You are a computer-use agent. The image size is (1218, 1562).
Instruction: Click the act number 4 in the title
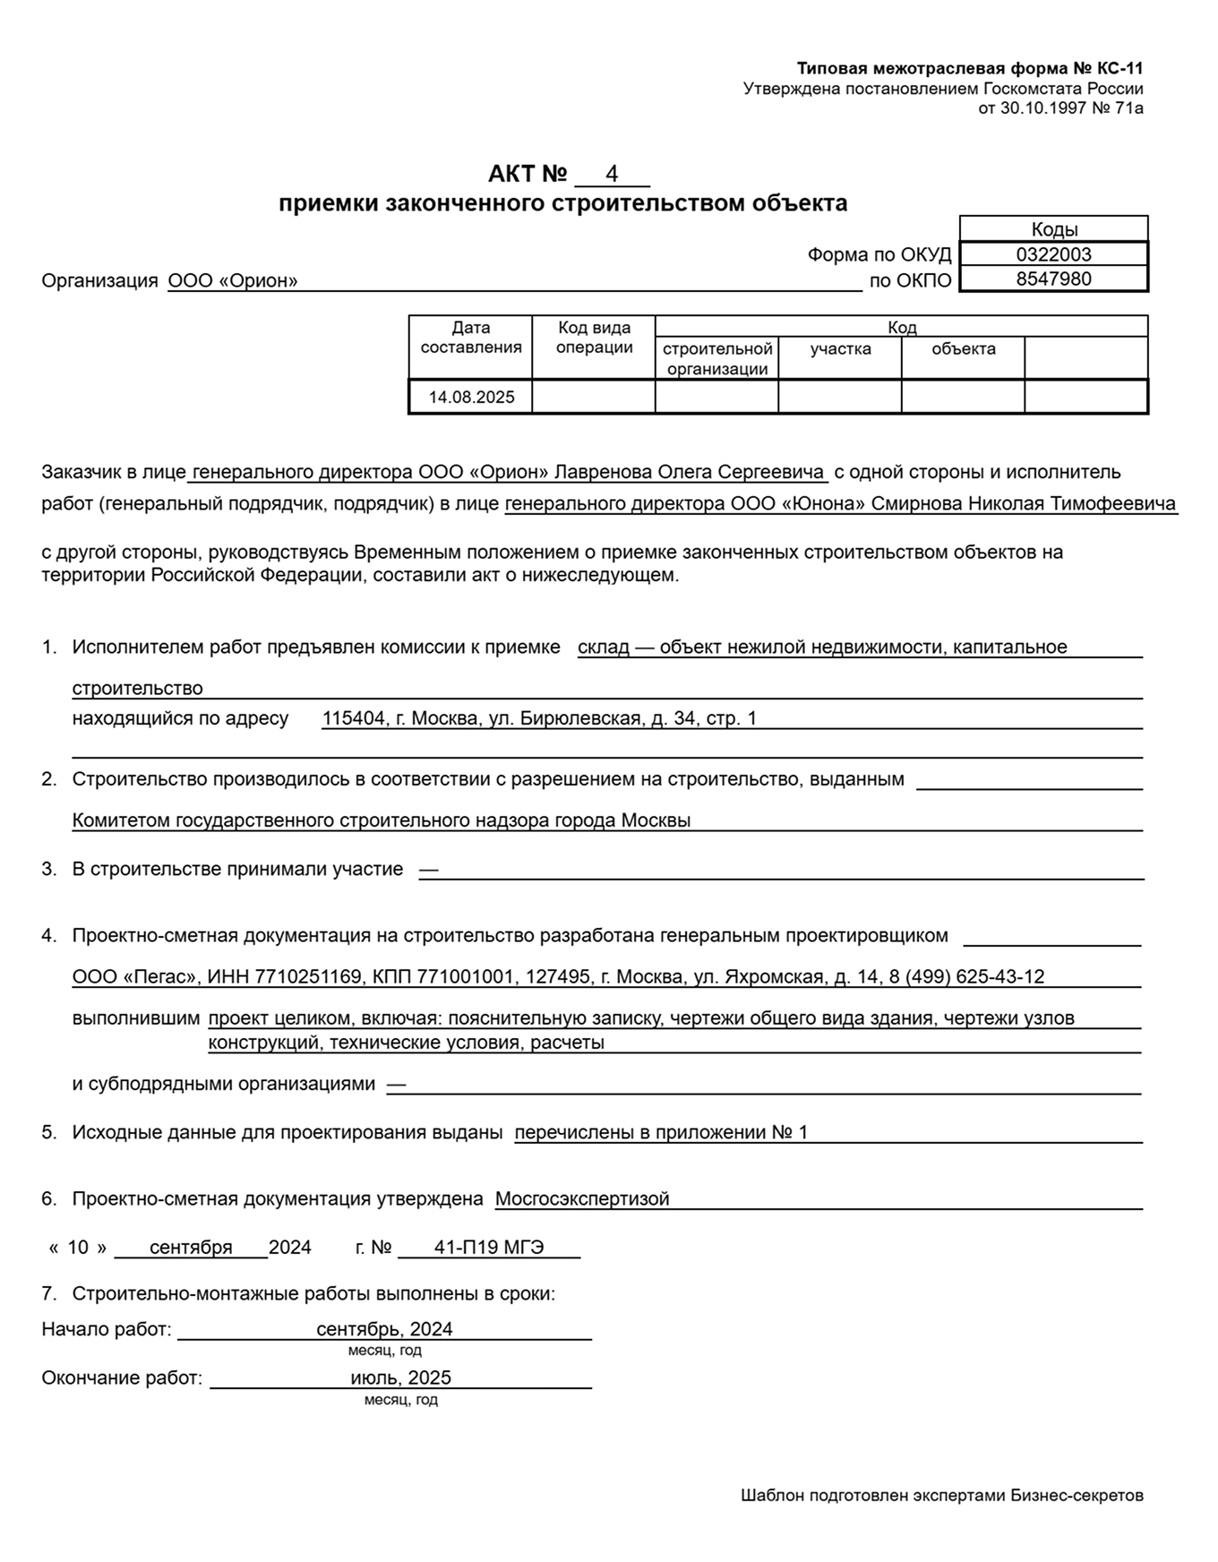coord(612,174)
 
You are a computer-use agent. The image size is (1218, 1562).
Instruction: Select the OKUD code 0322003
coord(1053,254)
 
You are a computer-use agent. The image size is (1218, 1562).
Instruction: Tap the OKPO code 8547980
coord(1053,279)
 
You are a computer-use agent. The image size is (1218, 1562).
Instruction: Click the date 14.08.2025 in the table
coord(471,397)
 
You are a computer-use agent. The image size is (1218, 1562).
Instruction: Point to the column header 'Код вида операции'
coord(594,338)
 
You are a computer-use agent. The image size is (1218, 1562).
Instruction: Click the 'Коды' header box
coord(1054,229)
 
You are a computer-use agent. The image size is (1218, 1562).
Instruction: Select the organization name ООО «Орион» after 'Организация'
coord(233,280)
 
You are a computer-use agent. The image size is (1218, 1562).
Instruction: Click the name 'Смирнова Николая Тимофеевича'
coord(1023,503)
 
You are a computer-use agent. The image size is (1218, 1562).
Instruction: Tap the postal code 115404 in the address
coord(351,718)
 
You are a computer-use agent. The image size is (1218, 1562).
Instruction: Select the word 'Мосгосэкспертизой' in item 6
coord(582,1198)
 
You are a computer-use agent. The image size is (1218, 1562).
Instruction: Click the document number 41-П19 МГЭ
coord(489,1247)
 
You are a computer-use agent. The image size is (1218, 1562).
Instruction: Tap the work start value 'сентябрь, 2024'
coord(384,1329)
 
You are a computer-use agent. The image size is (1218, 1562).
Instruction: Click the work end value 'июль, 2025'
coord(400,1377)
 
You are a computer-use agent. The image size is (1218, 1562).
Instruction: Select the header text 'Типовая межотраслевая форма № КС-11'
coord(970,69)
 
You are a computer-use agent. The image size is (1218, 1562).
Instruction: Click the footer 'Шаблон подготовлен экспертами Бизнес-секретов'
coord(941,1495)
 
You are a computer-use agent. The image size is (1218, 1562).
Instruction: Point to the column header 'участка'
coord(840,348)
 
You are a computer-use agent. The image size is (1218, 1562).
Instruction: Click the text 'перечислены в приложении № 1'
coord(661,1132)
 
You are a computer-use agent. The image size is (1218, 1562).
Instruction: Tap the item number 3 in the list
coord(48,869)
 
